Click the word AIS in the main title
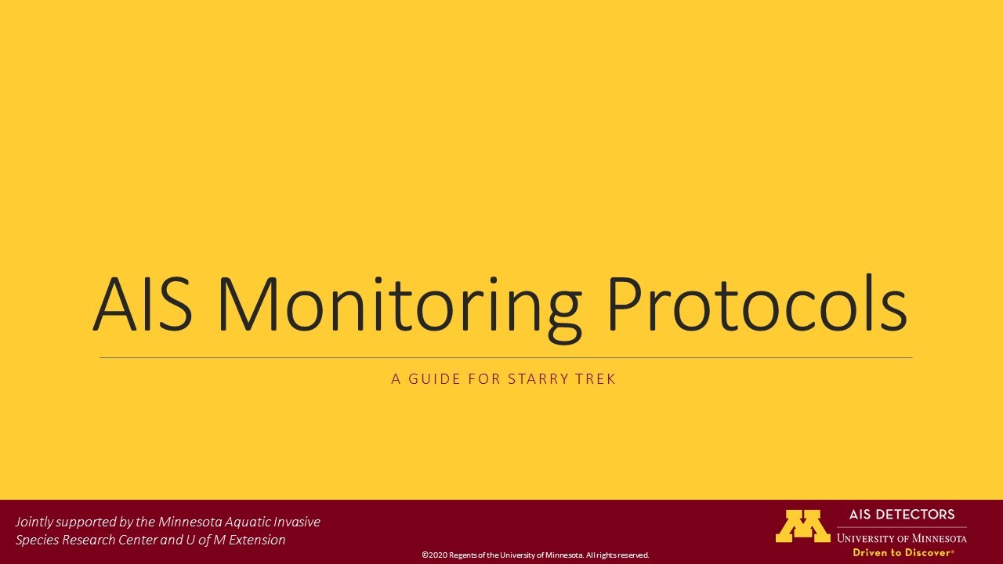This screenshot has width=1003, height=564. [143, 305]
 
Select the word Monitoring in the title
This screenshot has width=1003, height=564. [398, 305]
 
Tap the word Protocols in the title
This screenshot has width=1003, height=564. [756, 305]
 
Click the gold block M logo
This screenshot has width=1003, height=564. [802, 526]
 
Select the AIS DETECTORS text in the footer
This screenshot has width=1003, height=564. [902, 515]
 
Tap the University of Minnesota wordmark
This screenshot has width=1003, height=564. [901, 538]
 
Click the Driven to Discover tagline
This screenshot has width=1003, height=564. [903, 552]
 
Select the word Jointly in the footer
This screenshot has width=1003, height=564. [34, 522]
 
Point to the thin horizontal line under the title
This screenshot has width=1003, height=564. [505, 358]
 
